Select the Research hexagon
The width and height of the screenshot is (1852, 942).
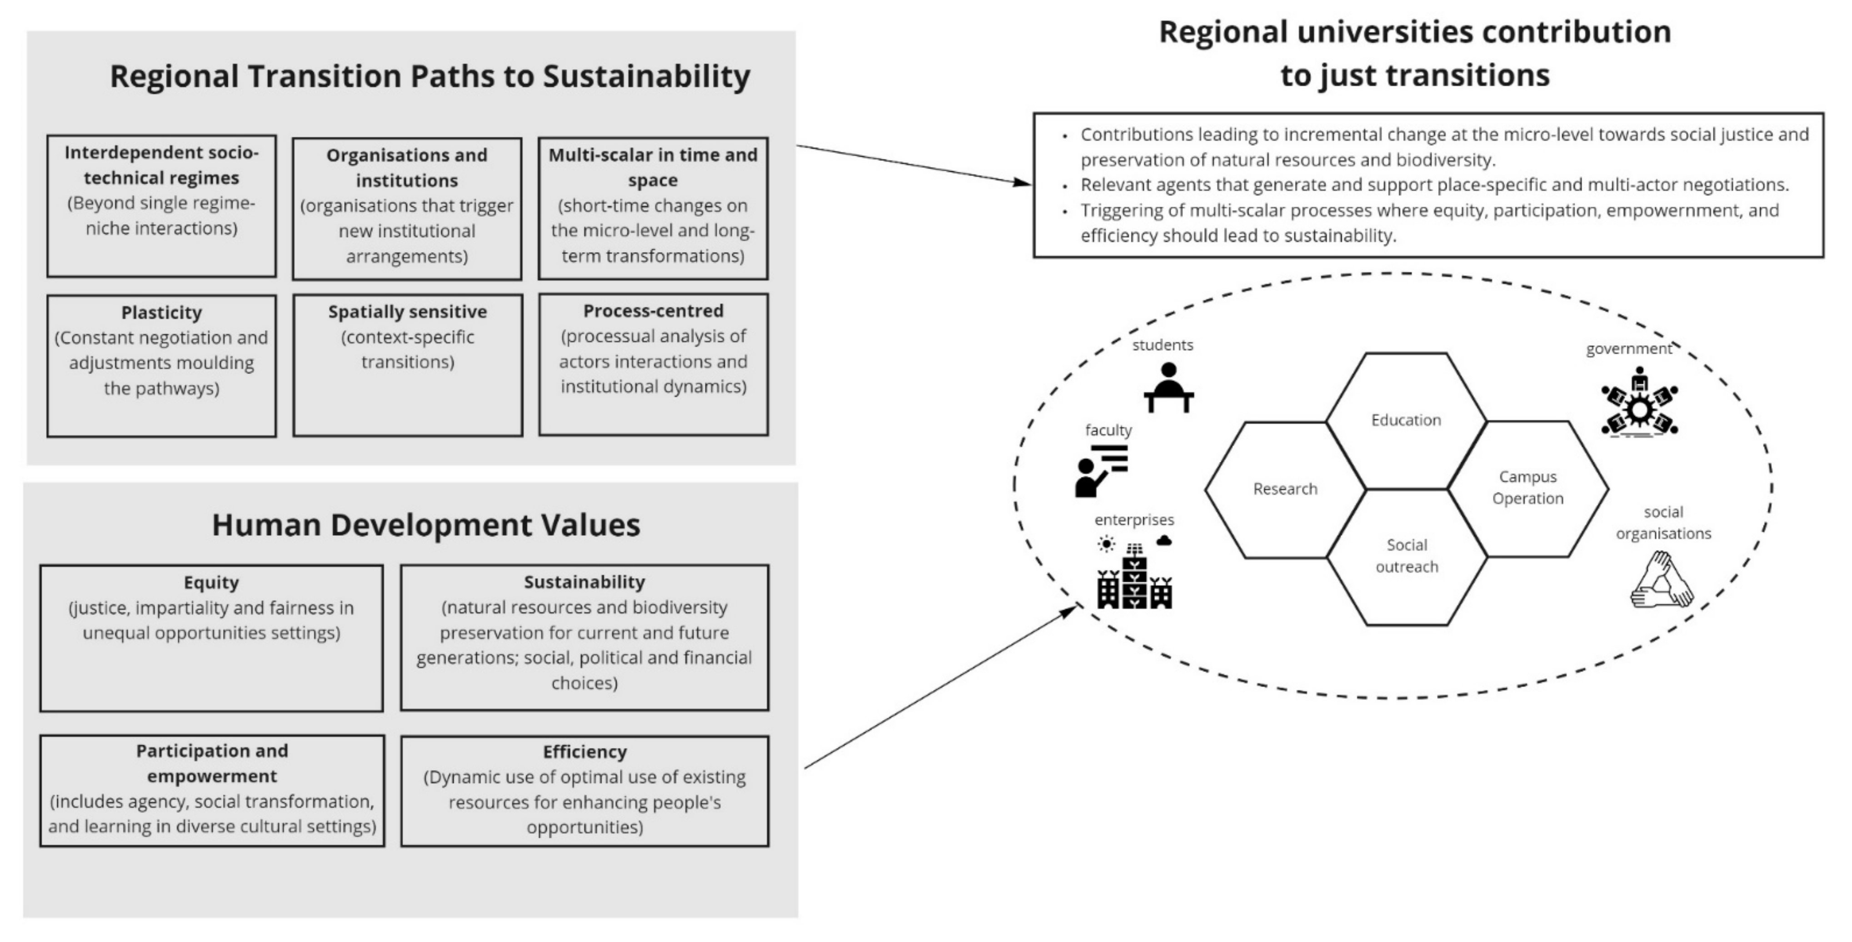[1285, 489]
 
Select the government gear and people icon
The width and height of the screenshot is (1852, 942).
[1639, 403]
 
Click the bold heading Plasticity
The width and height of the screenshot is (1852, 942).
[161, 313]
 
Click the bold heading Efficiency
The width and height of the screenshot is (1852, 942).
[584, 752]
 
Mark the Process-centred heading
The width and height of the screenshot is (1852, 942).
[653, 311]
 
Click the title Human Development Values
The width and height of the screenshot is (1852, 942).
[425, 525]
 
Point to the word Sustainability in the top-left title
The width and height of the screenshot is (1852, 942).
[646, 76]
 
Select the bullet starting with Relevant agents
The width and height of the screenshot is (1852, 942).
[1434, 185]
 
